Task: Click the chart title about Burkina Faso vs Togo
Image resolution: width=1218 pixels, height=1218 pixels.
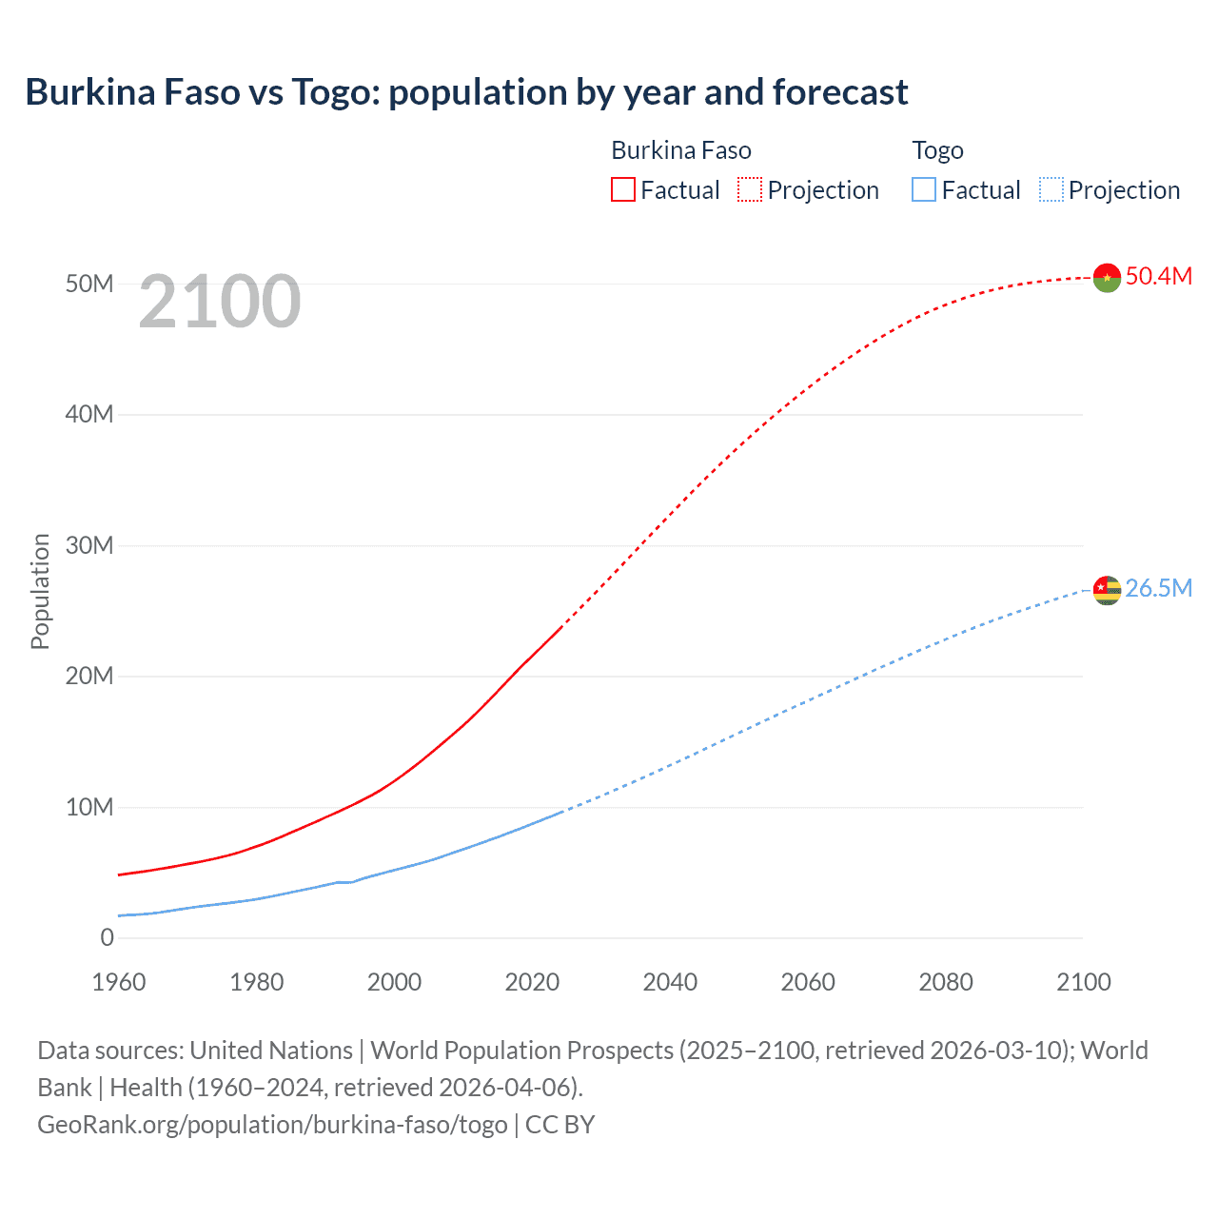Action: point(466,92)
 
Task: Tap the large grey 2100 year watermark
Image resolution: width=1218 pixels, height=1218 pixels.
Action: point(220,302)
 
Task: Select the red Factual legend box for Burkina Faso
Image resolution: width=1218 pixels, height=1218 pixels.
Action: point(622,189)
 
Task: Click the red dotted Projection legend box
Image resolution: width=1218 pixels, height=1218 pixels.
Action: point(750,189)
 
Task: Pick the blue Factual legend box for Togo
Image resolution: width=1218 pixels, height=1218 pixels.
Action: point(924,189)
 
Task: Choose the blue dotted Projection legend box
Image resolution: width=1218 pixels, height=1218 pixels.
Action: point(1051,189)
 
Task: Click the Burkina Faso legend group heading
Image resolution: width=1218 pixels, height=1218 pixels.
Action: point(680,150)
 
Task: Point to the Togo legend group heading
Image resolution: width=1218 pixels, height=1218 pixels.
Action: point(937,150)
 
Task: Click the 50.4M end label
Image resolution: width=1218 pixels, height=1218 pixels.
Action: point(1158,276)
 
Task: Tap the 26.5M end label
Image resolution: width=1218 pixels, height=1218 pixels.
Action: point(1158,588)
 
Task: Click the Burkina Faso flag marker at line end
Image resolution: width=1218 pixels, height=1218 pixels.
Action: point(1107,277)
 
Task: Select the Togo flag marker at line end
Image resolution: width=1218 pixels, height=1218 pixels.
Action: point(1107,590)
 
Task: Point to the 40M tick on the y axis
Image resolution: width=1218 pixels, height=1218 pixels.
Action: point(89,414)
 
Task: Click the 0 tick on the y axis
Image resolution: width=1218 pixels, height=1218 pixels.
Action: point(107,937)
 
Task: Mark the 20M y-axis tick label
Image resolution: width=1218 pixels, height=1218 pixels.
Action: point(89,676)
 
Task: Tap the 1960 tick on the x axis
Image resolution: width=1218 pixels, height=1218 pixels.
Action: point(119,982)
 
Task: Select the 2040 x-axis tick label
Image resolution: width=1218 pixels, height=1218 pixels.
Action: point(670,982)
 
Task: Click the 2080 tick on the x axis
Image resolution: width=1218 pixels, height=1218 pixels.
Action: point(946,982)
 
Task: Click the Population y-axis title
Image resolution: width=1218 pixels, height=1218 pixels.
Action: point(40,591)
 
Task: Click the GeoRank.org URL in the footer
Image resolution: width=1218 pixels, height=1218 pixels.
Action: point(272,1125)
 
